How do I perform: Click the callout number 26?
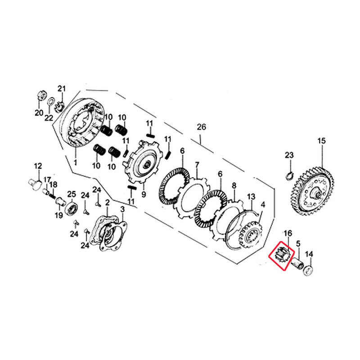pos(202,127)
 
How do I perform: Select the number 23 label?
pos(289,155)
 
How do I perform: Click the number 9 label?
pos(144,194)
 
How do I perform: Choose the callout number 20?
pos(39,112)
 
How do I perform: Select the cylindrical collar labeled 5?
pos(297,263)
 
